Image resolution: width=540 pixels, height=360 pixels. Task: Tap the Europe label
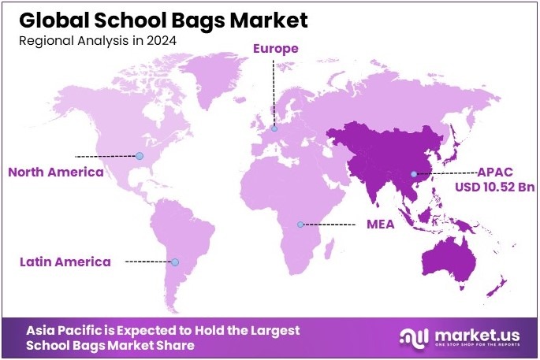275,49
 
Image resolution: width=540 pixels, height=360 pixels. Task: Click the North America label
55,172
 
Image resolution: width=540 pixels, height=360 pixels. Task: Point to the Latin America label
66,262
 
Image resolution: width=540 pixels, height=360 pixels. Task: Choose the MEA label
380,225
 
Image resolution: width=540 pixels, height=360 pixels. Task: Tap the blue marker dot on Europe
274,128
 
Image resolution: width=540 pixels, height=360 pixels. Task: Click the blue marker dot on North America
140,156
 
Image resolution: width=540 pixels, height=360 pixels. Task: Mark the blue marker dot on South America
175,262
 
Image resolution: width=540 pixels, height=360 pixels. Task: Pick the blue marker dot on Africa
300,225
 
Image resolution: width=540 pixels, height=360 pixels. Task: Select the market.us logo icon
415,338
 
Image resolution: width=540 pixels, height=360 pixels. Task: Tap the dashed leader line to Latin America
148,262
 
